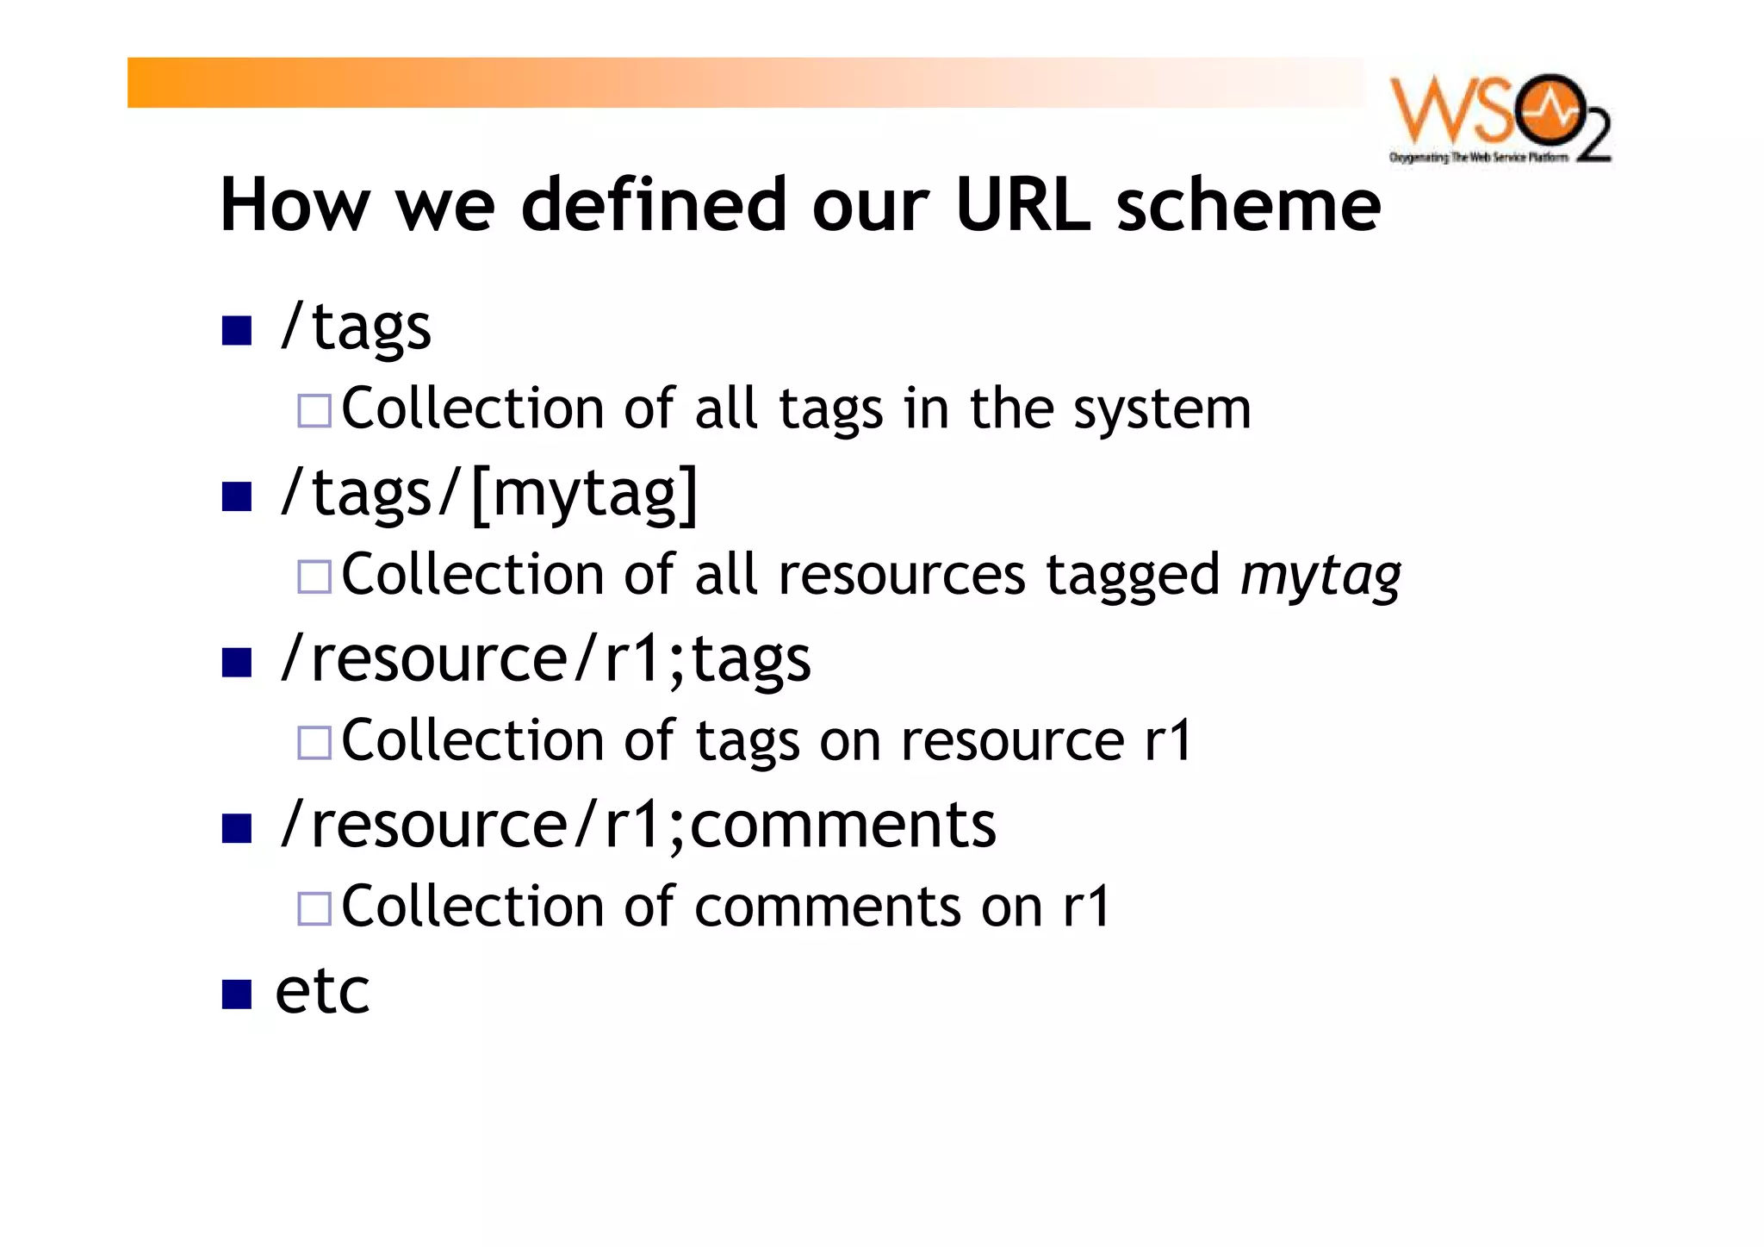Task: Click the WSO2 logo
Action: [x=1500, y=118]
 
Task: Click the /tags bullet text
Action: [x=355, y=328]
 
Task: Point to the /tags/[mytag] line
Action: [x=488, y=495]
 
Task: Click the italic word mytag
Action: [x=1320, y=576]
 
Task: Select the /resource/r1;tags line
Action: [x=545, y=660]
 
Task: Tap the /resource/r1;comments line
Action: [x=637, y=826]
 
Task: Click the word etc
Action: [x=322, y=991]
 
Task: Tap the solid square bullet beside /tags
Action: [x=236, y=330]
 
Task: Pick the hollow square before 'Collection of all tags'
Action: [x=314, y=411]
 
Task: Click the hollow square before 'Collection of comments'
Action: [x=314, y=909]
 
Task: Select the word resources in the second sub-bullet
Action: [x=902, y=576]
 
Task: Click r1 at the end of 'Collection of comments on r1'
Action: [x=1086, y=907]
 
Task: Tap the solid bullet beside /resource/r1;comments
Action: [x=236, y=828]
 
